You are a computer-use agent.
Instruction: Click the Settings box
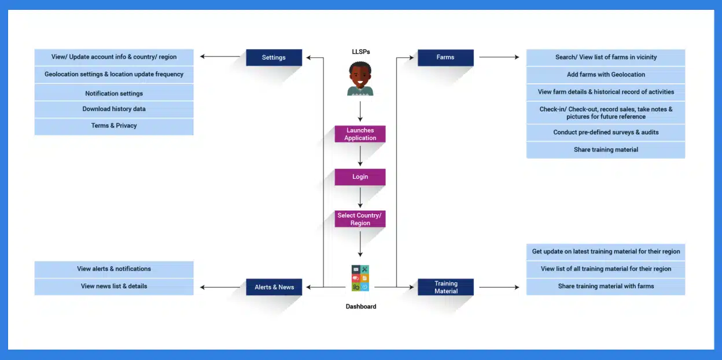click(x=274, y=57)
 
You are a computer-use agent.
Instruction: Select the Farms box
click(x=445, y=57)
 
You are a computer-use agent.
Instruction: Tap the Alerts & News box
click(x=274, y=287)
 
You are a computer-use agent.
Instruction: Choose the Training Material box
click(x=445, y=287)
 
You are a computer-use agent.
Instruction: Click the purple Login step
click(x=360, y=177)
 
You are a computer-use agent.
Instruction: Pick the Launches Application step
click(x=360, y=134)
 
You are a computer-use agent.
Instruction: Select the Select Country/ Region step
click(x=360, y=219)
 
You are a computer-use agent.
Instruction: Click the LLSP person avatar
click(x=360, y=79)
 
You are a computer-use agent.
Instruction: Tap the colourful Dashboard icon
click(x=360, y=278)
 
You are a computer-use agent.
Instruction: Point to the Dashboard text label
click(x=360, y=306)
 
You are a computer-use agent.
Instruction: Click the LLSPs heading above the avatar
click(x=360, y=52)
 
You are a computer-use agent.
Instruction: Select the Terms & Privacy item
click(x=114, y=126)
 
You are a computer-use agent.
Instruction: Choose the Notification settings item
click(x=114, y=94)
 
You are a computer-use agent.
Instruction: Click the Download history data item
click(x=114, y=109)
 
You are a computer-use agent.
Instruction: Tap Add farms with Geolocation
click(x=606, y=75)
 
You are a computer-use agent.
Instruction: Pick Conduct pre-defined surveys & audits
click(x=606, y=133)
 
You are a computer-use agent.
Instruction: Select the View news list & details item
click(x=114, y=286)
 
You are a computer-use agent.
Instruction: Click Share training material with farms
click(x=606, y=286)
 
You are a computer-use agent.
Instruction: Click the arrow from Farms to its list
click(x=499, y=57)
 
